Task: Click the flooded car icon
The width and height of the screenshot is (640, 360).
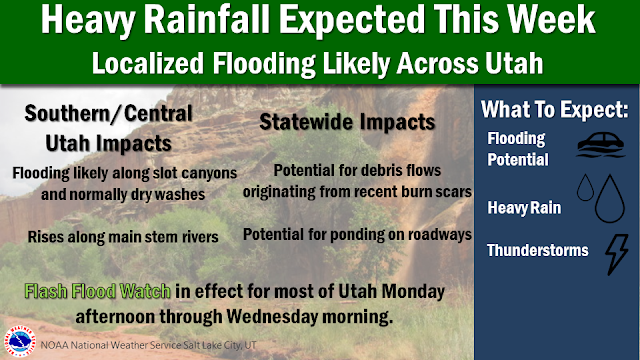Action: pos(601,144)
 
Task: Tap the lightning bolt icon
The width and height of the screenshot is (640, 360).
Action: pos(617,254)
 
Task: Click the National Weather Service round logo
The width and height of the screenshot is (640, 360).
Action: pos(19,341)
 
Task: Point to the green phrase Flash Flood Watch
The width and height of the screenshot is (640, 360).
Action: pos(98,291)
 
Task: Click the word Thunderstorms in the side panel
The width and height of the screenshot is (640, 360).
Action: pos(538,250)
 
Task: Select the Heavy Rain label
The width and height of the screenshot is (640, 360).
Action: pos(524,208)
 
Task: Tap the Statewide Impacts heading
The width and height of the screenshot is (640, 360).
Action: pos(347,122)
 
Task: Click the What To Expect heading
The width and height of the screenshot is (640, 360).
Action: pos(554,109)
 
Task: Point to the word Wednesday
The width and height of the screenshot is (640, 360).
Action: pos(272,316)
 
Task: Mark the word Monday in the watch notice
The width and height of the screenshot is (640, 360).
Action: pos(413,292)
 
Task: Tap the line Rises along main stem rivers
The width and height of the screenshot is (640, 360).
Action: pos(123,237)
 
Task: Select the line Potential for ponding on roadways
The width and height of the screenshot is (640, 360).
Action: pos(357,235)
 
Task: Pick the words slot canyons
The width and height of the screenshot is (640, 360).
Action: pos(195,173)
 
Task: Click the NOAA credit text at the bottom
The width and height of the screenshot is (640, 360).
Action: pos(148,345)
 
